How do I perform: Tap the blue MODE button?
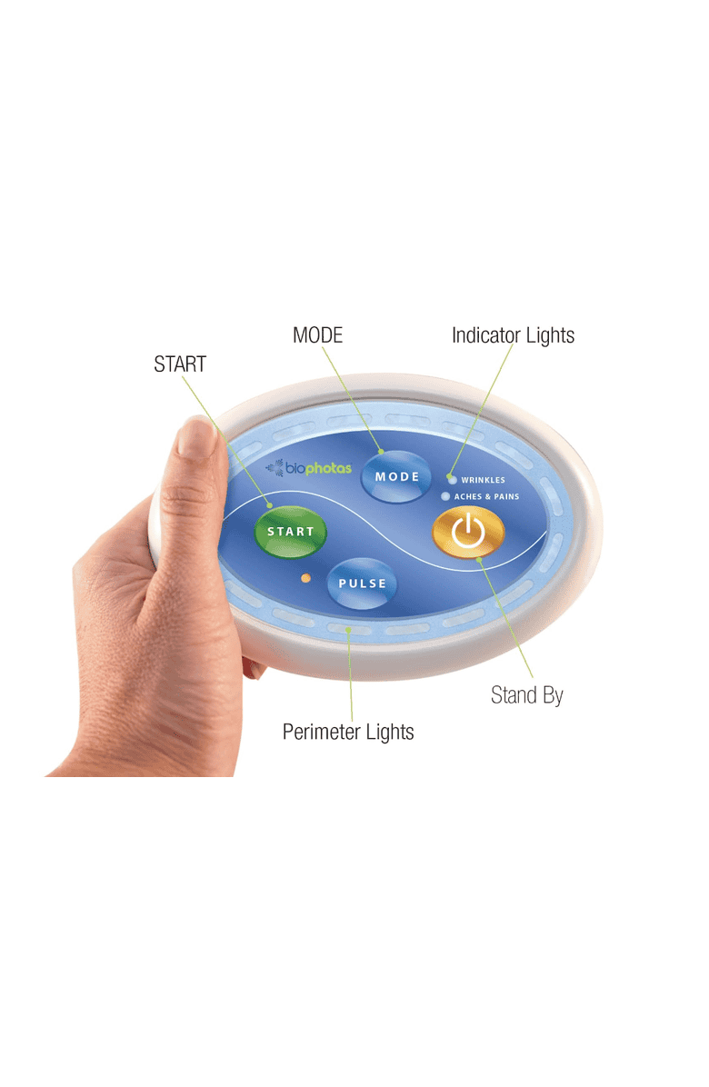396,476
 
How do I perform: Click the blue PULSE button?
362,583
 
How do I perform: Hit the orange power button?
468,533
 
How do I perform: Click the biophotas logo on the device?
309,468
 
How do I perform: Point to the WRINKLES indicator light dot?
453,480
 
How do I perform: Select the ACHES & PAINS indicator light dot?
445,496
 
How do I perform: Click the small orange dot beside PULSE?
305,577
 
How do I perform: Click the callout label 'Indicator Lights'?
513,335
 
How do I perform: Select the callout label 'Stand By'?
526,694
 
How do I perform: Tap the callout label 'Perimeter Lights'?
348,732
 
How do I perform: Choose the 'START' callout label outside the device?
180,364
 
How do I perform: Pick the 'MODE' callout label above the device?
317,335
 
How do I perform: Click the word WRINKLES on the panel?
483,480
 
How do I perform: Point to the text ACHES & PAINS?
486,496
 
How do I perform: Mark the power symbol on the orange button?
468,531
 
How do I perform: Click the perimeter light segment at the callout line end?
349,630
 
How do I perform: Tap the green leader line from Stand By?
506,618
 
